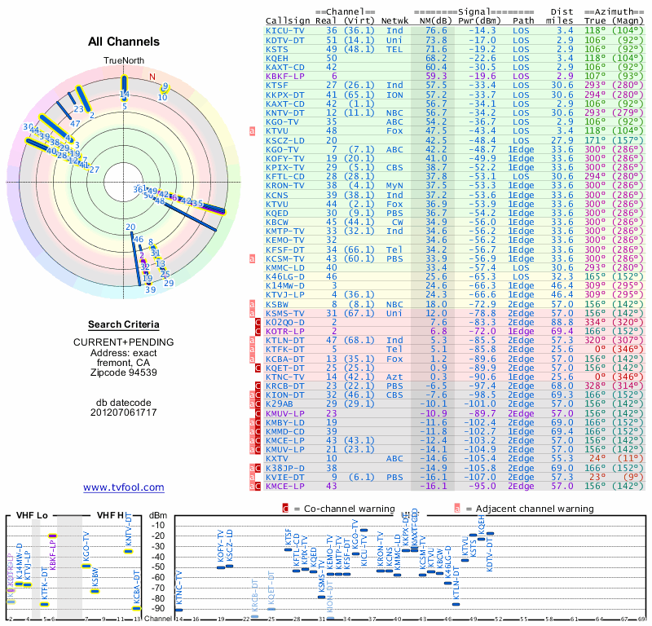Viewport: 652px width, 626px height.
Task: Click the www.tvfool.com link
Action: click(123, 487)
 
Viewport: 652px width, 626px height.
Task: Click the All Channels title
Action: click(123, 42)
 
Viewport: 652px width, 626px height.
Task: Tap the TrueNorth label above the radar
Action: click(123, 61)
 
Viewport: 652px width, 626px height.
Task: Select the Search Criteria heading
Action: click(123, 324)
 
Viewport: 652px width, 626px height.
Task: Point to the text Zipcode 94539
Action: click(123, 373)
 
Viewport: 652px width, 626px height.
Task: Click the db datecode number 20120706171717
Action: click(123, 413)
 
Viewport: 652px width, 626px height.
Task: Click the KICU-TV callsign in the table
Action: click(286, 30)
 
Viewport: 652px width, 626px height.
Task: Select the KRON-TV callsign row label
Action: click(286, 185)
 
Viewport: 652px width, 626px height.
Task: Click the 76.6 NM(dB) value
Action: click(436, 30)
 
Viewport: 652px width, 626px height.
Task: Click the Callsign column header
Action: click(288, 20)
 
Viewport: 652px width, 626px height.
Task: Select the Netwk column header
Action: click(395, 20)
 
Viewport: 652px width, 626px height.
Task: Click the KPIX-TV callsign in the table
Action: click(286, 167)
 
